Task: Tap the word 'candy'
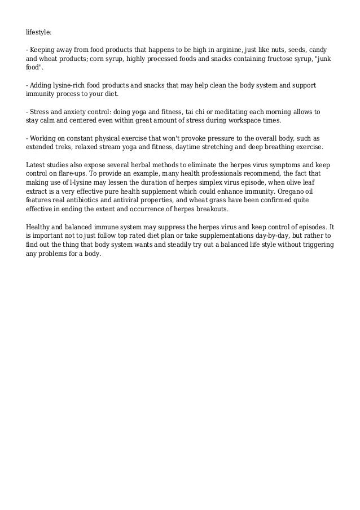point(317,50)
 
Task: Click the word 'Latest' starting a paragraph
point(37,164)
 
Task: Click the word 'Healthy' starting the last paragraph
point(40,227)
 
